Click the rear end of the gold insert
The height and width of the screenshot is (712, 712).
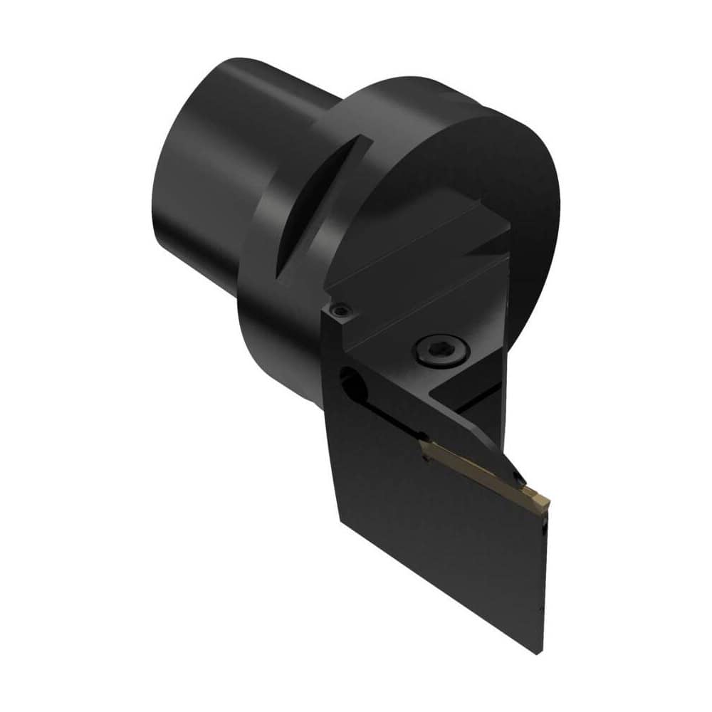pos(424,446)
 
